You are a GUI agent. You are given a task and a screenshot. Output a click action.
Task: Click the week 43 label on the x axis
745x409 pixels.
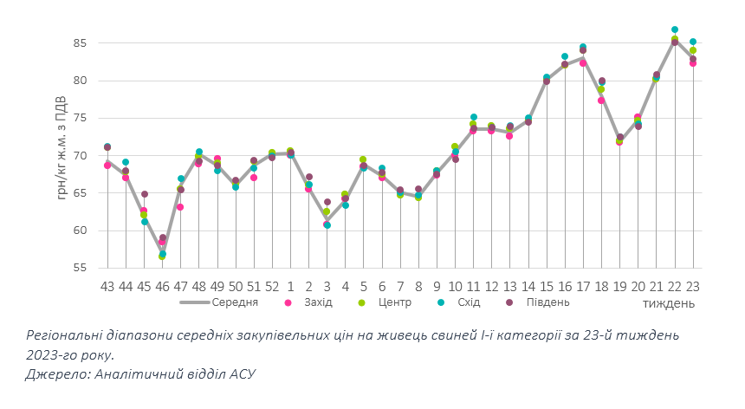point(107,285)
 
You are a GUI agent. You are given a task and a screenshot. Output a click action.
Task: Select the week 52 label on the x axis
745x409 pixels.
point(272,285)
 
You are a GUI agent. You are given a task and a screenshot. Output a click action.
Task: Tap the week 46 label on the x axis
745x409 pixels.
point(162,285)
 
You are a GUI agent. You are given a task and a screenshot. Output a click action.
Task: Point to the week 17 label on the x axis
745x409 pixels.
point(583,285)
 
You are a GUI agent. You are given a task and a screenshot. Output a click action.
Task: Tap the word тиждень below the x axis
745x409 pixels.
point(669,303)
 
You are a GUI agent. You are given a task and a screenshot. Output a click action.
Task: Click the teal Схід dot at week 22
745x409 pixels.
point(675,30)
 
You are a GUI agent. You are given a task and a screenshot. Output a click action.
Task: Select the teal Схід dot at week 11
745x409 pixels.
point(474,117)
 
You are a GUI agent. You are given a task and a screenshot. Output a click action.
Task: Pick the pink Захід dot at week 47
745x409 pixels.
point(180,207)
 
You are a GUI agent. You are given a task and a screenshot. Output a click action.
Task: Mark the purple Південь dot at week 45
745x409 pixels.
point(144,194)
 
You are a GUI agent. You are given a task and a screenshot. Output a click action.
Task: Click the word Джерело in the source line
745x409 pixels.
point(54,373)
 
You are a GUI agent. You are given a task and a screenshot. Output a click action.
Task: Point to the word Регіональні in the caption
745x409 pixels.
point(63,335)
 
